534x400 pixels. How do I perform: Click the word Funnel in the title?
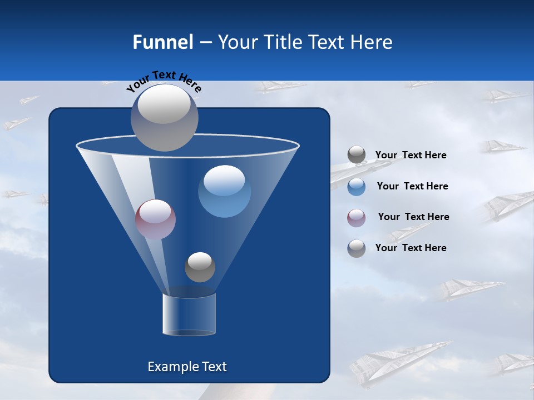point(163,42)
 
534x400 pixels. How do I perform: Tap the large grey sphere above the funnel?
point(165,117)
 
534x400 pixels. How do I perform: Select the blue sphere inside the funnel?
point(224,192)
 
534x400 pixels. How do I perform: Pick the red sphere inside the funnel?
point(155,219)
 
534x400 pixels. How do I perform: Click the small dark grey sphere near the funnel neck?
point(200,267)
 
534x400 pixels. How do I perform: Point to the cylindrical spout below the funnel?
point(189,314)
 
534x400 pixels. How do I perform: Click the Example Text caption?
point(187,367)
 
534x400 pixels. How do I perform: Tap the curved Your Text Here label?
point(164,81)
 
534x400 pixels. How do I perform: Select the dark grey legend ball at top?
point(357,155)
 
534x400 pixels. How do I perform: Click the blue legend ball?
point(357,186)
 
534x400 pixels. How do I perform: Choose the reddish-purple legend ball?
point(357,217)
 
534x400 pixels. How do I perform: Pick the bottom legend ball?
point(357,248)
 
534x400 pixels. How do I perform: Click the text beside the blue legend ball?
point(412,186)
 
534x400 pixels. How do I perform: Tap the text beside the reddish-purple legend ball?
point(413,217)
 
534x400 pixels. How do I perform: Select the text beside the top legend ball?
point(411,155)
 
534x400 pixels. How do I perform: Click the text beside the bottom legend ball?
point(411,248)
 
